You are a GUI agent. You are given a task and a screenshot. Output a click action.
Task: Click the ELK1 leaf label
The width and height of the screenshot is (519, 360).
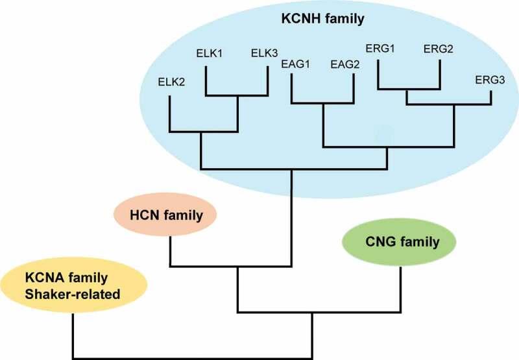[x=209, y=53]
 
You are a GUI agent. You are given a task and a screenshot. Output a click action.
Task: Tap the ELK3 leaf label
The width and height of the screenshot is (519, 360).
[x=265, y=53]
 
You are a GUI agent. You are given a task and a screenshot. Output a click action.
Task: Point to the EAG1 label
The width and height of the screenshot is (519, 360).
[x=295, y=64]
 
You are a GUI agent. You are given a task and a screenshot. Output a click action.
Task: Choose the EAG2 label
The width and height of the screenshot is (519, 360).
[x=345, y=64]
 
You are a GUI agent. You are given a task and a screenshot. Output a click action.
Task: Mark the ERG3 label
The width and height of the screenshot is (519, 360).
[x=489, y=79]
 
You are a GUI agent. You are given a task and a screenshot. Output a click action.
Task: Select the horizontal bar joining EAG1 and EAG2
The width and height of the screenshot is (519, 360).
[x=323, y=102]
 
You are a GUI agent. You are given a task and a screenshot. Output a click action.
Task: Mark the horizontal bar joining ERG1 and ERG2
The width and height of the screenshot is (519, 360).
[x=409, y=88]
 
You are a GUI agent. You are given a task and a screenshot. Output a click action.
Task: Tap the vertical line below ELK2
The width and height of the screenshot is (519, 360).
[x=169, y=114]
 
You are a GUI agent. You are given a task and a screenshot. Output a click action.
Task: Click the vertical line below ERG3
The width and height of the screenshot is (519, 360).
[x=491, y=97]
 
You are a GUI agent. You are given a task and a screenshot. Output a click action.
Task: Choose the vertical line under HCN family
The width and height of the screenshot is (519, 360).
[x=169, y=250]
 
